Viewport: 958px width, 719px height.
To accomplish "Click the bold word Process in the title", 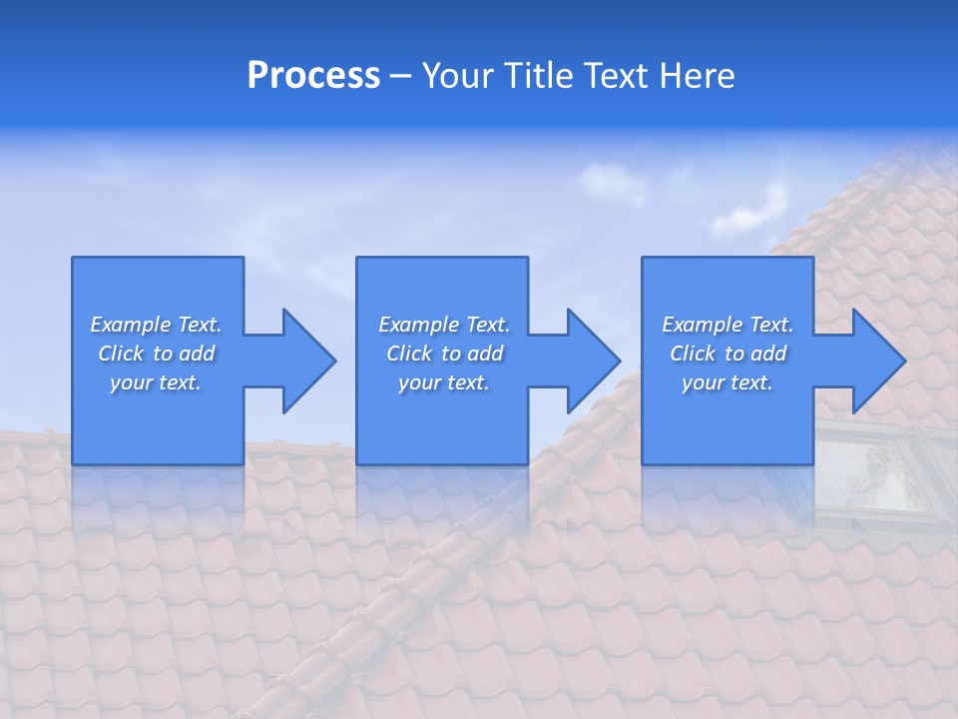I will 313,76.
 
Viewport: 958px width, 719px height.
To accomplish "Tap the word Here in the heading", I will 697,76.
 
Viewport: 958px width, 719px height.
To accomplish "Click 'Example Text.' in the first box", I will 156,325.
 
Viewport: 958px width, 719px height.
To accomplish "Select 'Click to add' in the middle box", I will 444,354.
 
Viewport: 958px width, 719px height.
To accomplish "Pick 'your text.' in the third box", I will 727,382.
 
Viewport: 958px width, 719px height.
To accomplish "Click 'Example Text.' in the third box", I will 727,325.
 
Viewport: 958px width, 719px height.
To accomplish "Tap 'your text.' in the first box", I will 156,382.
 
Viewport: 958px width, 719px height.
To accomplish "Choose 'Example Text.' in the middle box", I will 444,325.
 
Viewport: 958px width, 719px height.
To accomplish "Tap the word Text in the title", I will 618,76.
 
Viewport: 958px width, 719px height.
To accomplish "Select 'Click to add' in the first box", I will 156,354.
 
